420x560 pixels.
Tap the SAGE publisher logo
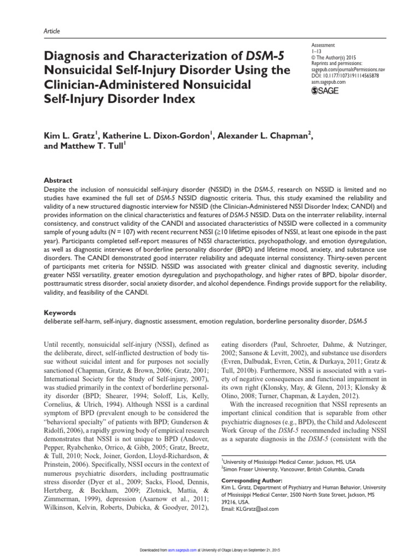pyautogui.click(x=324, y=90)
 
